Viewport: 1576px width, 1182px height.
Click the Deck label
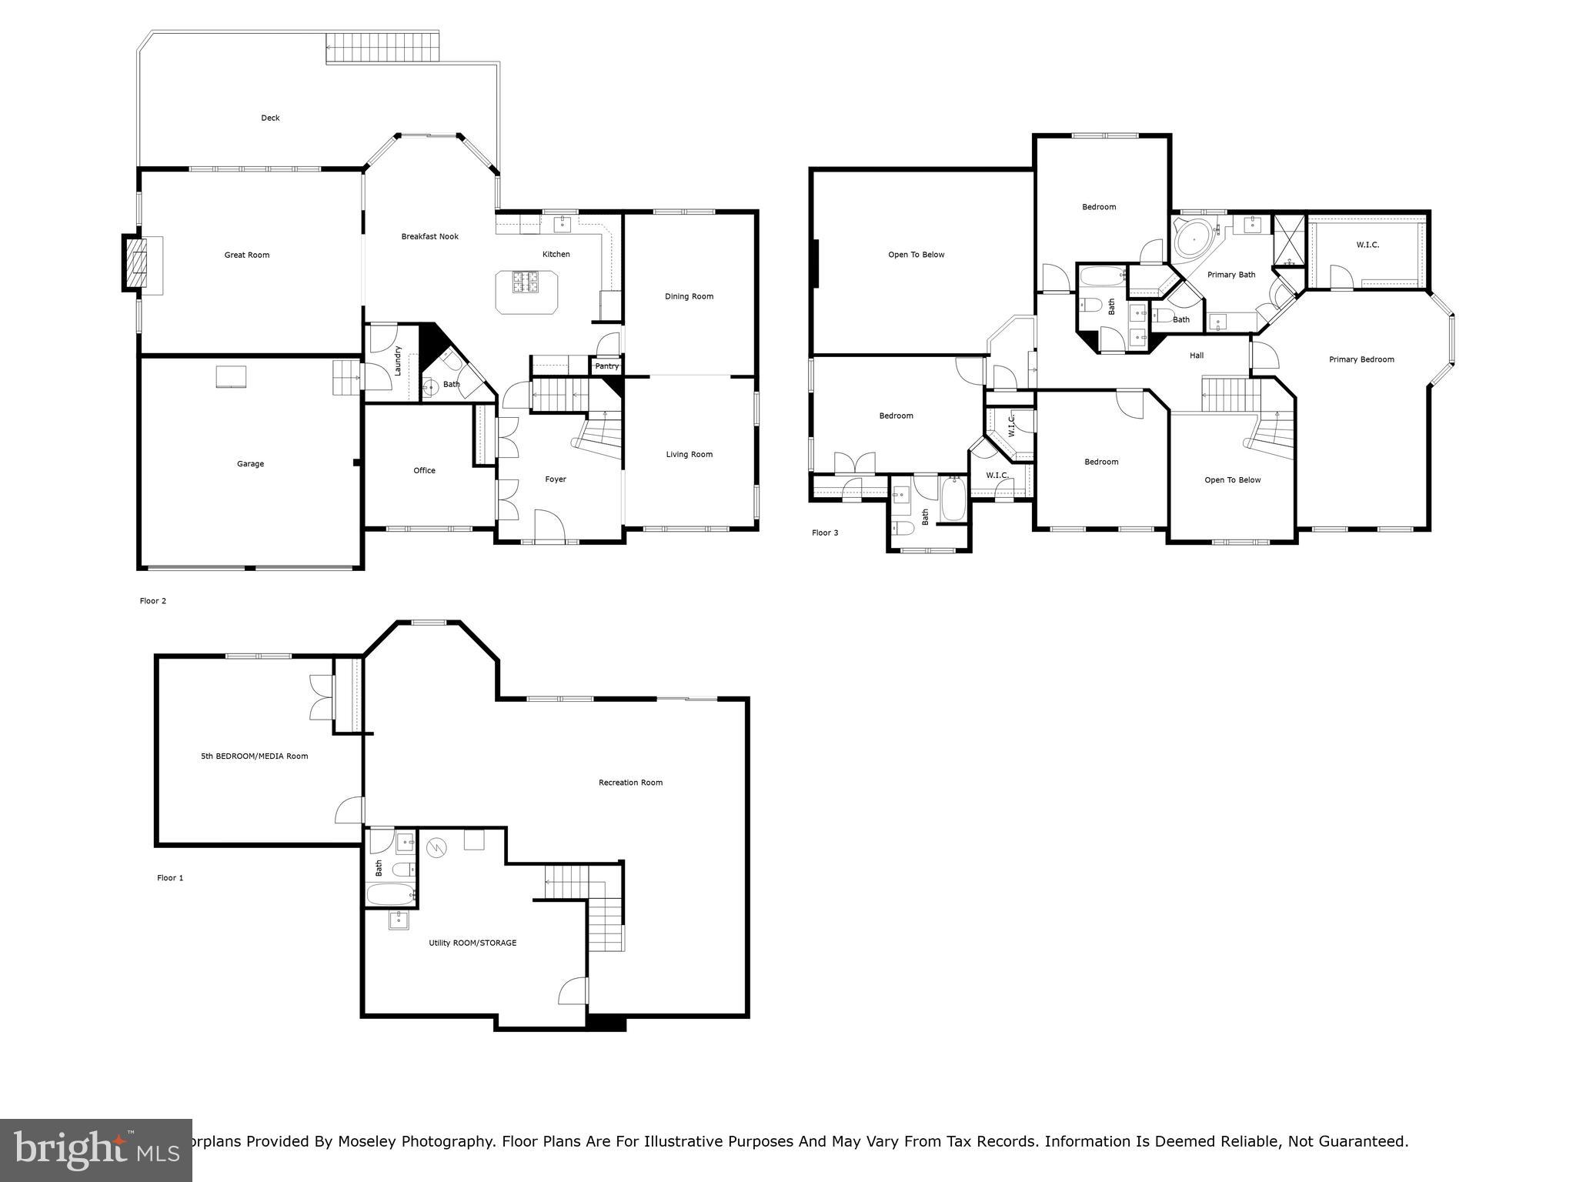(270, 118)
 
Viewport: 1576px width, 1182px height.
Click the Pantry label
(606, 366)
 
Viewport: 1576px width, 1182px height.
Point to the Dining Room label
(689, 296)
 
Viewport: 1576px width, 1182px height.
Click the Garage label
(250, 464)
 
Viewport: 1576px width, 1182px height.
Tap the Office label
(424, 470)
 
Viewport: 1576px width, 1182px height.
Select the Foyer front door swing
(549, 525)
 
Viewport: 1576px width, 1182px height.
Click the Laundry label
(398, 360)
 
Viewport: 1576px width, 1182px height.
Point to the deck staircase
(382, 48)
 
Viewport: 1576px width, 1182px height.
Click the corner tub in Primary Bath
(1191, 239)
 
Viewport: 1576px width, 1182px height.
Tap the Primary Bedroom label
(1361, 359)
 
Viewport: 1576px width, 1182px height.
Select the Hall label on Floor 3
(1196, 356)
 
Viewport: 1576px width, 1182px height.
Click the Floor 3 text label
(825, 533)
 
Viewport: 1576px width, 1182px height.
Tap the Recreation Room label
(630, 783)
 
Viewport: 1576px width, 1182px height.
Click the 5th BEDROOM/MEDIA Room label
(254, 756)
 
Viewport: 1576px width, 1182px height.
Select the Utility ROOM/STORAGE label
(472, 943)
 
